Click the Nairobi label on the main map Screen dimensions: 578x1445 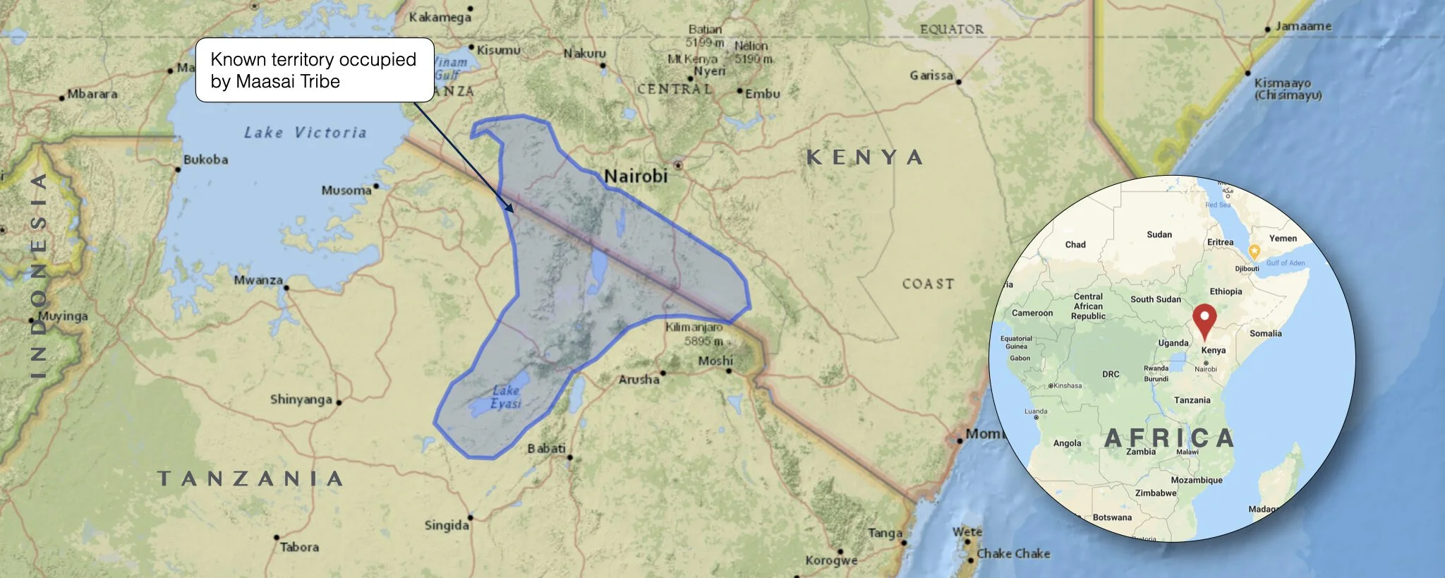click(x=635, y=176)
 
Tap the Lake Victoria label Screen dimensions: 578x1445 click(x=305, y=133)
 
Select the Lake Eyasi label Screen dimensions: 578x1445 click(x=505, y=397)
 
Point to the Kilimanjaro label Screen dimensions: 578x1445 click(x=694, y=327)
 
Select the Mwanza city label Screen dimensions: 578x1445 click(x=258, y=280)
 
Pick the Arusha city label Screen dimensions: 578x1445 click(x=639, y=380)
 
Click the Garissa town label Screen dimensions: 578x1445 click(x=931, y=76)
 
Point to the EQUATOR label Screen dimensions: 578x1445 click(x=951, y=29)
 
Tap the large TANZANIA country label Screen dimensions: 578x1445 click(x=250, y=478)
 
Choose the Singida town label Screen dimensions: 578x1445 click(x=447, y=525)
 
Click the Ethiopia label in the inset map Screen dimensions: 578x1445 click(x=1226, y=291)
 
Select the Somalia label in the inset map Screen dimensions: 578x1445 click(x=1265, y=333)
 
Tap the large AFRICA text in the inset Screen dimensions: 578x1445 click(x=1169, y=438)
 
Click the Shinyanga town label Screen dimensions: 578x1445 click(x=301, y=399)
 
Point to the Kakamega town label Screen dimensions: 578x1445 click(x=440, y=17)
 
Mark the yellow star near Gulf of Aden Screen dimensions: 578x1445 click(x=1254, y=251)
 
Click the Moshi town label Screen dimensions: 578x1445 click(x=715, y=361)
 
